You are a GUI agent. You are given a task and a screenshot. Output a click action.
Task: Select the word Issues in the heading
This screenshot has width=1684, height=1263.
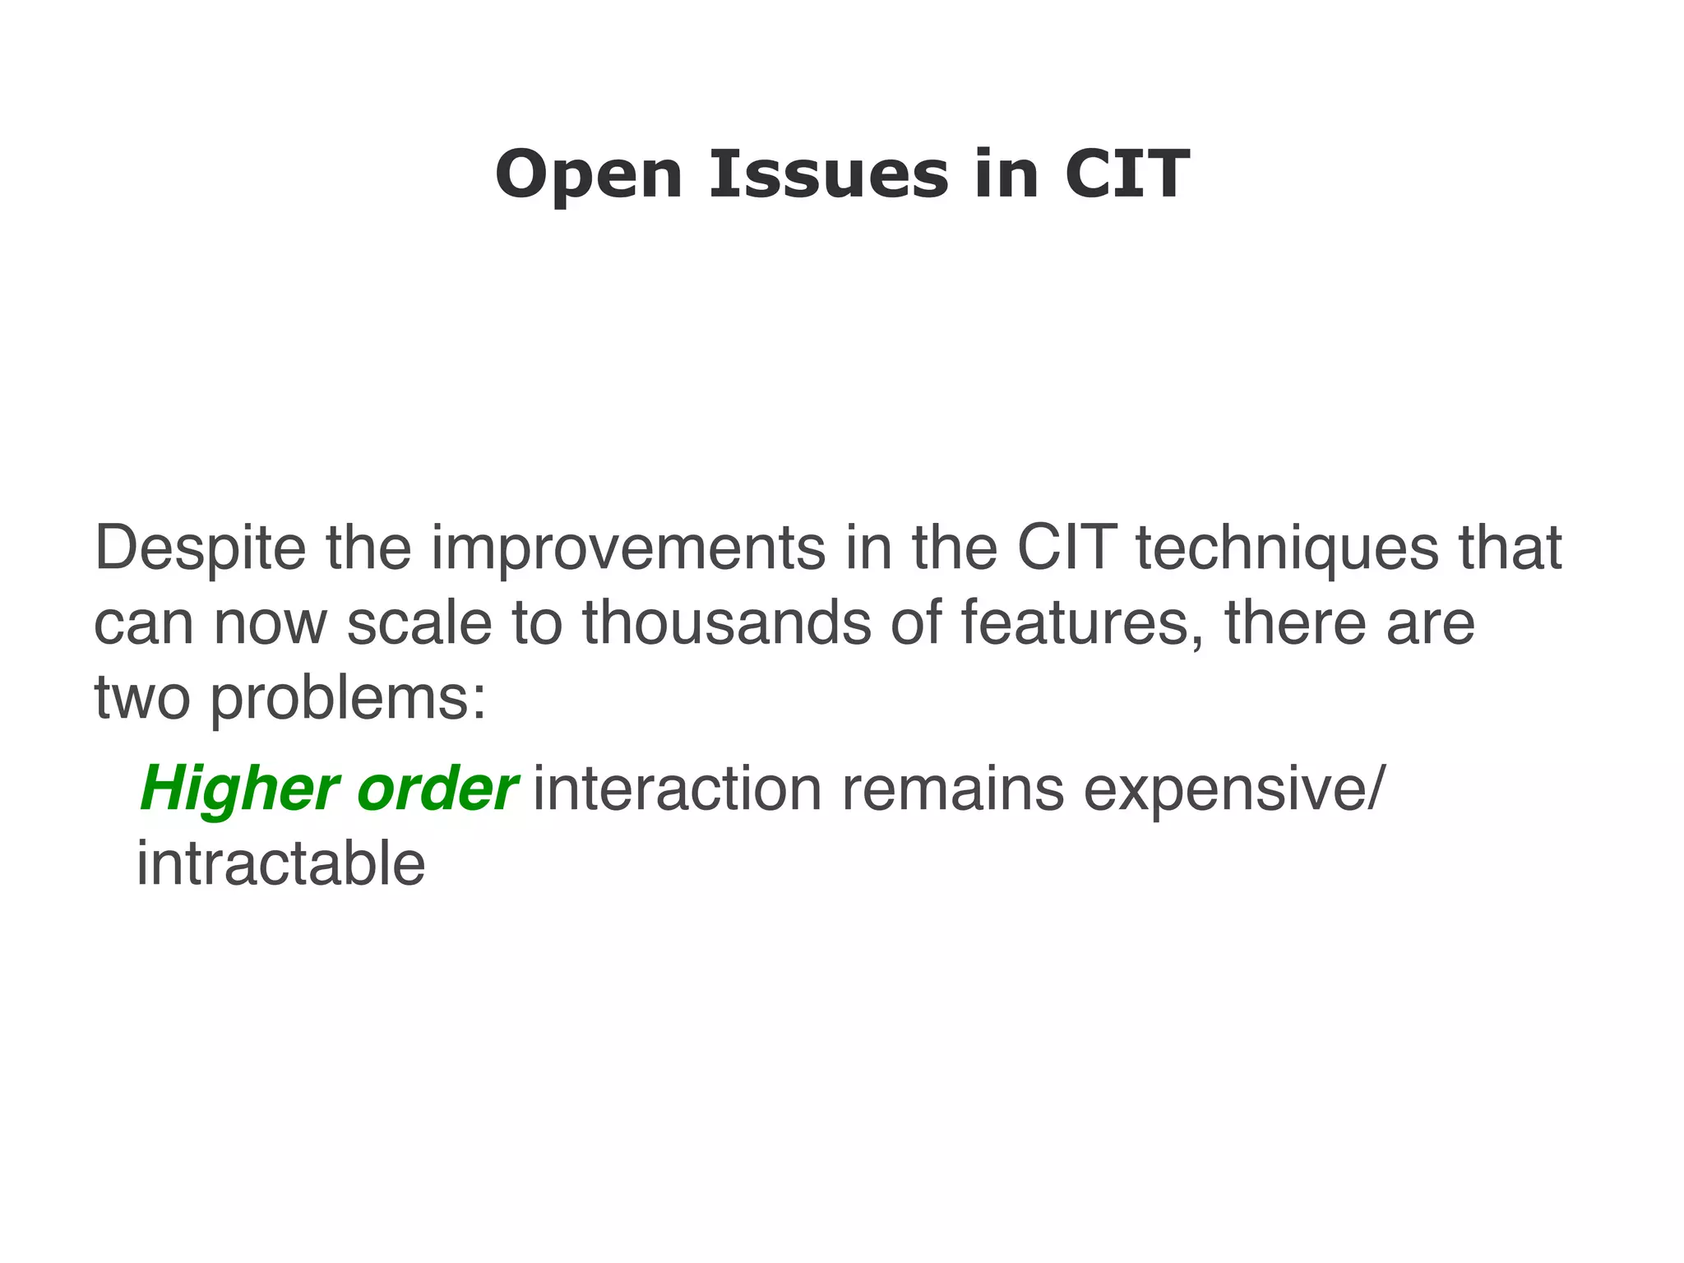(x=829, y=174)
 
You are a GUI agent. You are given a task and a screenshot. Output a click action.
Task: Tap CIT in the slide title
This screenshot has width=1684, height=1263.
(x=1127, y=174)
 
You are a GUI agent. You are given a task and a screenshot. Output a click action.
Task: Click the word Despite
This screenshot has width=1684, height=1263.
(x=200, y=549)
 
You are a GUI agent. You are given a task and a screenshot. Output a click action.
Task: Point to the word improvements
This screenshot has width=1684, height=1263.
(x=628, y=549)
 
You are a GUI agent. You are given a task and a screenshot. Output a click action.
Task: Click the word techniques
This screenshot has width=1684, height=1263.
(x=1288, y=549)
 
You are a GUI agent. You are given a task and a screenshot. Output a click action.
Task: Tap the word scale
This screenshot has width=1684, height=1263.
(x=419, y=622)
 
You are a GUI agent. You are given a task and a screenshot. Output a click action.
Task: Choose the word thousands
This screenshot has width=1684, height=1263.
(x=727, y=622)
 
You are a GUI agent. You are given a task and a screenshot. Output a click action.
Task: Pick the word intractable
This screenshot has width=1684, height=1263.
(x=280, y=864)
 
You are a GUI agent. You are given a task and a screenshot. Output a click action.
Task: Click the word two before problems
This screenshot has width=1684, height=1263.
(x=142, y=697)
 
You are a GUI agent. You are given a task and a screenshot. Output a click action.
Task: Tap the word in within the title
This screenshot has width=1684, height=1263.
(x=1006, y=174)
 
